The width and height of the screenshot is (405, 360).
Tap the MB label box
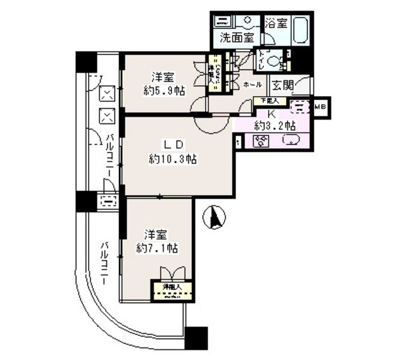pyautogui.click(x=320, y=106)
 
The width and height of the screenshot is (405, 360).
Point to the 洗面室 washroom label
pyautogui.click(x=237, y=37)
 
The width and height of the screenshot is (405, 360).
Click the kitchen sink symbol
pyautogui.click(x=291, y=141)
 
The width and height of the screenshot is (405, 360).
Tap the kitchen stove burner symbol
pyautogui.click(x=261, y=142)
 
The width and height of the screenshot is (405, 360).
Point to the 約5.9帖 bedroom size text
pyautogui.click(x=163, y=90)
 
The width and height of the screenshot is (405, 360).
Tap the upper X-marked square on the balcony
pyautogui.click(x=108, y=94)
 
